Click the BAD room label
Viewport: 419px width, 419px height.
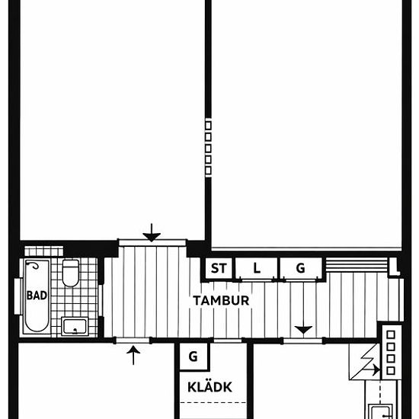pos(37,296)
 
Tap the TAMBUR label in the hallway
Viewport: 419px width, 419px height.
pos(221,301)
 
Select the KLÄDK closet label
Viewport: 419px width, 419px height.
pos(209,387)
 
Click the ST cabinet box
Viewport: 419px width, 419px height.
pos(219,268)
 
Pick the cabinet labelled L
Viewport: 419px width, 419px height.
pos(256,268)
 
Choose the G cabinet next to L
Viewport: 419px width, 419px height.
pos(301,268)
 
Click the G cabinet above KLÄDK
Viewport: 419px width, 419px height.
pos(194,357)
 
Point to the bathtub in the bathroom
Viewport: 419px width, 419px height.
pos(37,296)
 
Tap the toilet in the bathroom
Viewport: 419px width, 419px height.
pos(71,273)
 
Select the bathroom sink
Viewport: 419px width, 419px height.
pos(75,326)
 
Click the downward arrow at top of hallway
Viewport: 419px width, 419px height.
pos(152,233)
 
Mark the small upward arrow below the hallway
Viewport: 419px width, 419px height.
pos(133,355)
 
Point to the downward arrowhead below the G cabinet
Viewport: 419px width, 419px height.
pos(303,330)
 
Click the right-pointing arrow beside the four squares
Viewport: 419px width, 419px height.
pos(372,369)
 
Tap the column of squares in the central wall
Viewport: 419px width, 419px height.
pos(208,148)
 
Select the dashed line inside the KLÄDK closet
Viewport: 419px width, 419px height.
pos(213,402)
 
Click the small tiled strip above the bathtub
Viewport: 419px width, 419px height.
pos(44,251)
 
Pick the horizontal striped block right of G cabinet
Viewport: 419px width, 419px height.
pos(357,265)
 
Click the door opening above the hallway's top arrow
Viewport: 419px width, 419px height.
pos(152,243)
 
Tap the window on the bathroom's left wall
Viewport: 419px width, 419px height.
pos(18,296)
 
